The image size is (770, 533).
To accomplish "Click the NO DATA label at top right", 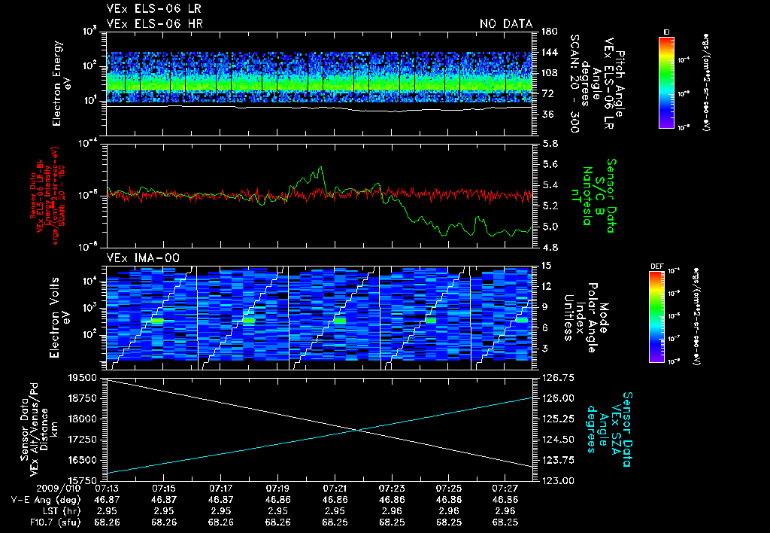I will (505, 24).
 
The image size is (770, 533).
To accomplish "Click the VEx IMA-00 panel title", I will (136, 257).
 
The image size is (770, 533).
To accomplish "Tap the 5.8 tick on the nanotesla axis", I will (550, 143).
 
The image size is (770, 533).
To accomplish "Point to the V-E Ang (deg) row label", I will (43, 499).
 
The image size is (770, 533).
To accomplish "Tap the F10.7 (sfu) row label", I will (43, 521).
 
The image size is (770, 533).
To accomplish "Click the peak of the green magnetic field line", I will (321, 168).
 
